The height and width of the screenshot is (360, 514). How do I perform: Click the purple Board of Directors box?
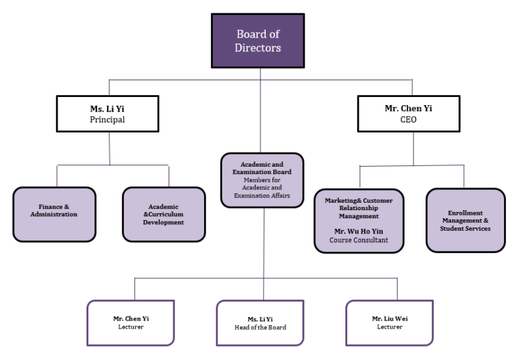258,41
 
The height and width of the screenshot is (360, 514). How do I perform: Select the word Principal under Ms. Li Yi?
108,120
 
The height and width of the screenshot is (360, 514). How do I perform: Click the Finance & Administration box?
54,214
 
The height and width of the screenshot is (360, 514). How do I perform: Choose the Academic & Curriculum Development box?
163,214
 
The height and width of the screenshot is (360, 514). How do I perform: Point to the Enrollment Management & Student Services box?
465,220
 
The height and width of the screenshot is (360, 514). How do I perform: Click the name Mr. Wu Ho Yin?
359,230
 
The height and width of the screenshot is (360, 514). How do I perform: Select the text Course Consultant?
359,240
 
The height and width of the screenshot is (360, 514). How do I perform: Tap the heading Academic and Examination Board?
262,167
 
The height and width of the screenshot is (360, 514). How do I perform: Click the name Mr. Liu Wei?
390,319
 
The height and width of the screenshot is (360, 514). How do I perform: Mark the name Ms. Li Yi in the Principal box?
108,108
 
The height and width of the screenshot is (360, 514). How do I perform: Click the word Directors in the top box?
258,48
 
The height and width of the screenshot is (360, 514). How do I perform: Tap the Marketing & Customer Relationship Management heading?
359,208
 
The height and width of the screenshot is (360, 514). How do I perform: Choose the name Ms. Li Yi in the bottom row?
260,319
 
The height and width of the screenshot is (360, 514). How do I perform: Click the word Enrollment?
465,213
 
